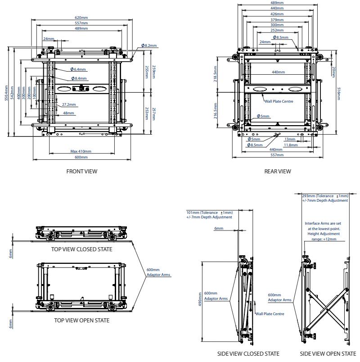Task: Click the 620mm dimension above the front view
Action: pos(81,18)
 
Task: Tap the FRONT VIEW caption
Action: pos(81,171)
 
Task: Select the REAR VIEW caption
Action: pos(278,171)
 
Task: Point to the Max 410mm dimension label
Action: pos(81,151)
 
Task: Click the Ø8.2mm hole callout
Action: pos(149,45)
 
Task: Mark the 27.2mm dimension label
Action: pos(69,104)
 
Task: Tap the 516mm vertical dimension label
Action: pos(339,93)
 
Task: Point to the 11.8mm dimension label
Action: pos(291,145)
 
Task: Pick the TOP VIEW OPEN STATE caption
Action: pos(81,321)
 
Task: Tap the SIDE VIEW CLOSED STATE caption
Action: pos(248,353)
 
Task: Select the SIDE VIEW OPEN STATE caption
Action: pos(324,353)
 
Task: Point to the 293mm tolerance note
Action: pos(325,196)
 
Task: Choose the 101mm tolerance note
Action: pos(210,212)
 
